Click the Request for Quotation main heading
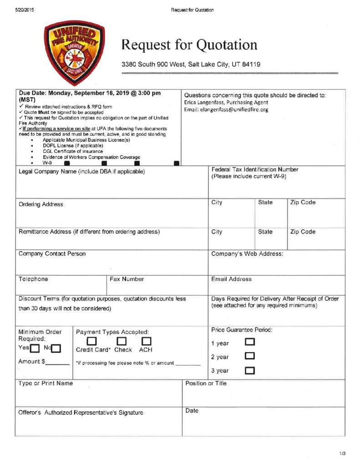(189, 45)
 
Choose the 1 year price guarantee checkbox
(250, 342)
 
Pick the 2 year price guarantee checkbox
(250, 356)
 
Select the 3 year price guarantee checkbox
(250, 370)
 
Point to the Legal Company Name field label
(81, 172)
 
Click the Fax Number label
(127, 279)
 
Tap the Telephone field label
(33, 279)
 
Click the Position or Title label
(206, 383)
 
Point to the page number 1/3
(342, 453)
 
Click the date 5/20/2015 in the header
(24, 10)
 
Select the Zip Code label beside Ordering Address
(303, 203)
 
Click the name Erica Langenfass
(206, 102)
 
